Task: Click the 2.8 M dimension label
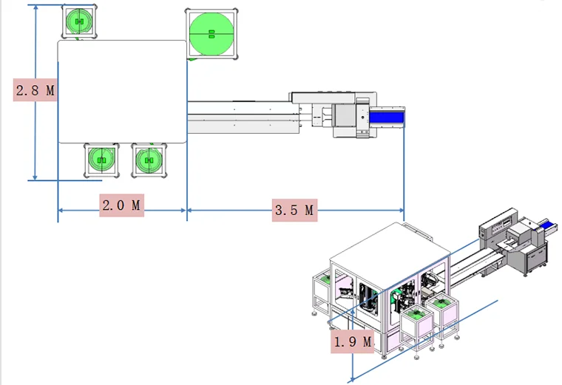pyautogui.click(x=35, y=91)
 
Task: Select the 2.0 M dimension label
pyautogui.click(x=121, y=205)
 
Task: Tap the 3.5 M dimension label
pyautogui.click(x=294, y=211)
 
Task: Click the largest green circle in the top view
pyautogui.click(x=211, y=34)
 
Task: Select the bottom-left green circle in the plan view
pyautogui.click(x=101, y=160)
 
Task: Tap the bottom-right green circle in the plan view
pyautogui.click(x=149, y=160)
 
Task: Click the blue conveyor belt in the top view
pyautogui.click(x=387, y=117)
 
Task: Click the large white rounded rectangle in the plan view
pyautogui.click(x=122, y=92)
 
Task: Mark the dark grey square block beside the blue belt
pyautogui.click(x=345, y=117)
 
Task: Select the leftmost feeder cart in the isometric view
pyautogui.click(x=322, y=290)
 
